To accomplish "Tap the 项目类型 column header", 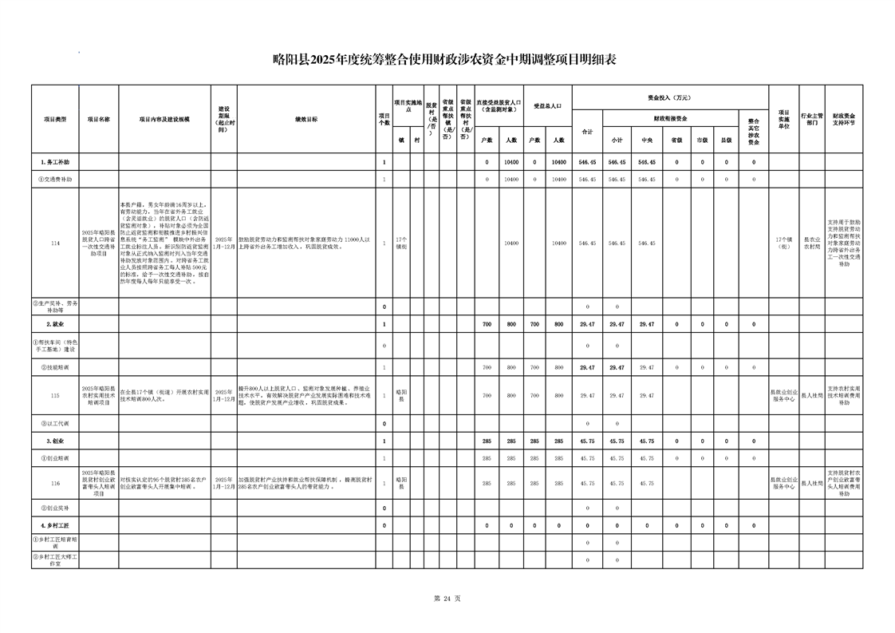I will coord(55,119).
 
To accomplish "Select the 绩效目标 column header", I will coord(306,119).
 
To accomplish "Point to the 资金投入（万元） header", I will coord(669,97).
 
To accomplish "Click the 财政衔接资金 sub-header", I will coord(669,118).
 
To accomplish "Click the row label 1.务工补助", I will coord(55,162).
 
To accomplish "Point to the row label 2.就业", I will coord(55,325).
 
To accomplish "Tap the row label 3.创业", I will coord(55,441).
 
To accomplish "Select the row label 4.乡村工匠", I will coord(55,526).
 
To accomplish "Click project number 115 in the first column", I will coord(55,395).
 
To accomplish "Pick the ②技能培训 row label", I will coord(55,367).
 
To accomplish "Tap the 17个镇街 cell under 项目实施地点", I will coord(401,243).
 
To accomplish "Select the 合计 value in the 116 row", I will coord(587,484).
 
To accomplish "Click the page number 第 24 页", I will coord(447,599).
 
